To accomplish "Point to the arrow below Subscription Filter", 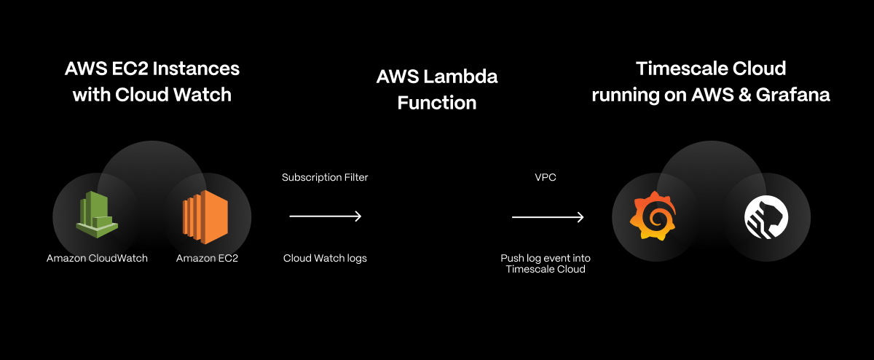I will pos(326,216).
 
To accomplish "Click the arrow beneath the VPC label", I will pos(548,217).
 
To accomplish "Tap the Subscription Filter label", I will pos(325,178).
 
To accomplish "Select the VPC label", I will pos(546,178).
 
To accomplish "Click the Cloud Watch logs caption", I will pos(325,258).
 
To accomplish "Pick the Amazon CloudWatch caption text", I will pos(97,258).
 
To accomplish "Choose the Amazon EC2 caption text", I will pos(207,258).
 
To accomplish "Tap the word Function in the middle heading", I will pos(437,103).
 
